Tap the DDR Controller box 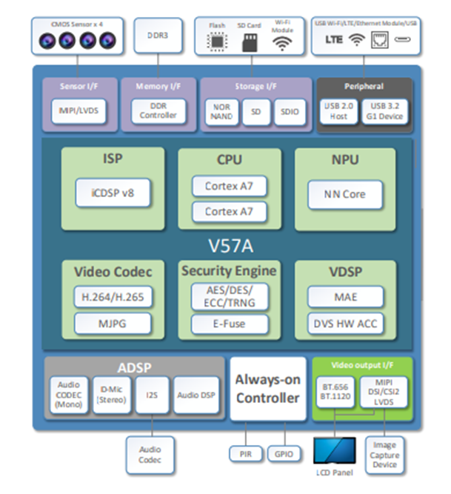pos(154,111)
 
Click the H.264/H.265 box pos(113,298)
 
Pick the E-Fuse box pos(229,324)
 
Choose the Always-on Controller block pos(267,389)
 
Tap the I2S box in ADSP pos(153,395)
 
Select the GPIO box pos(283,453)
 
